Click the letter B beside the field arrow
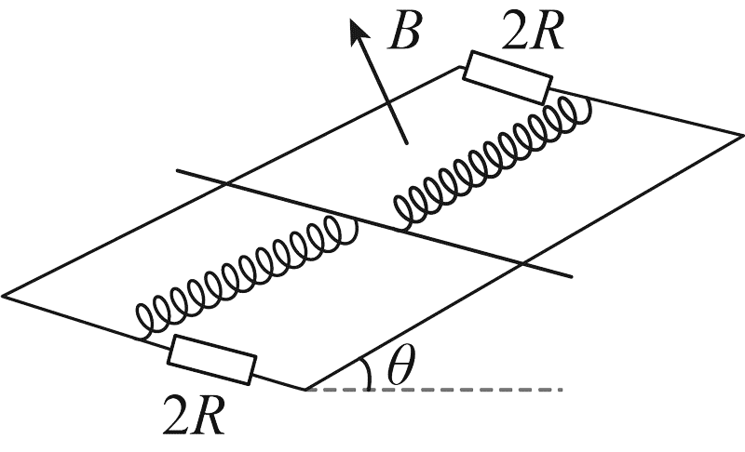(404, 33)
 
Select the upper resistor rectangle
(508, 77)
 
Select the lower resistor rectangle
(212, 359)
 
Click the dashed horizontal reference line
(434, 390)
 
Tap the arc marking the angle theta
(367, 373)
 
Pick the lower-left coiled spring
(247, 276)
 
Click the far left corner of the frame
(2, 296)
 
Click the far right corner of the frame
(743, 135)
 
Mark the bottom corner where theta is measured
(305, 390)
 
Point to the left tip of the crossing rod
(177, 170)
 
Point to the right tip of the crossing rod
(572, 276)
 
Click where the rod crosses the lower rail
(521, 262)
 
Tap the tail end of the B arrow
(407, 143)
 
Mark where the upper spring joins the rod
(400, 230)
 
